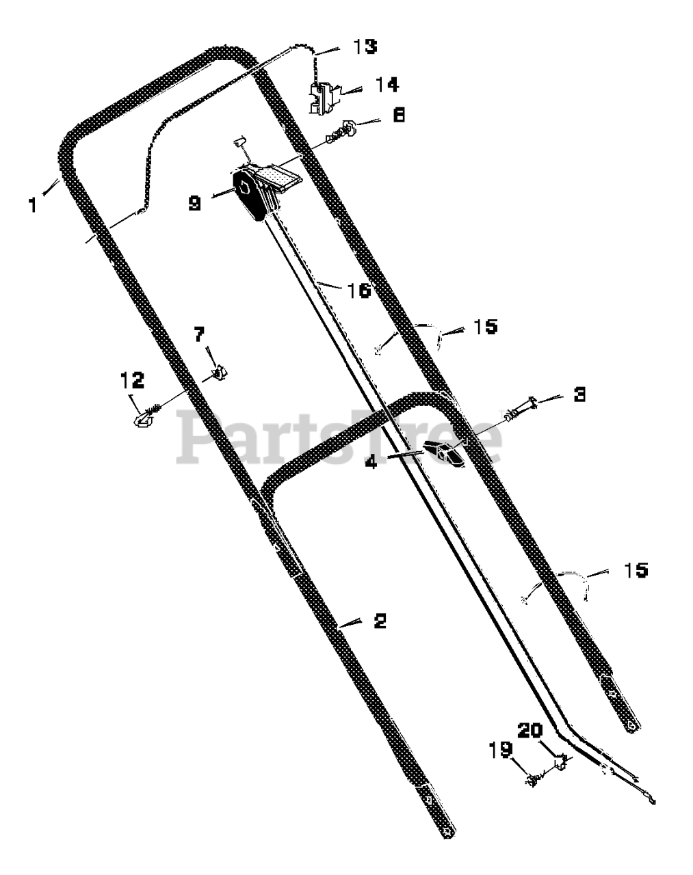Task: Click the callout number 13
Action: click(x=365, y=46)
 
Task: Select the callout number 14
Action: click(x=387, y=85)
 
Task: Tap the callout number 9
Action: click(x=195, y=202)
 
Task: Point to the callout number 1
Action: click(x=33, y=205)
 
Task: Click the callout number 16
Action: click(x=359, y=291)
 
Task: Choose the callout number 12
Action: click(x=132, y=380)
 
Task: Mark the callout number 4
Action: click(x=371, y=461)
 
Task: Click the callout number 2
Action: click(x=380, y=621)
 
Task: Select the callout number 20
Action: click(x=530, y=730)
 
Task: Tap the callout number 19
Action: click(x=501, y=750)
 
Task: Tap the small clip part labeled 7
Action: click(x=219, y=372)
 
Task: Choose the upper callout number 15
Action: click(x=486, y=327)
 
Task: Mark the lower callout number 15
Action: click(x=636, y=570)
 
